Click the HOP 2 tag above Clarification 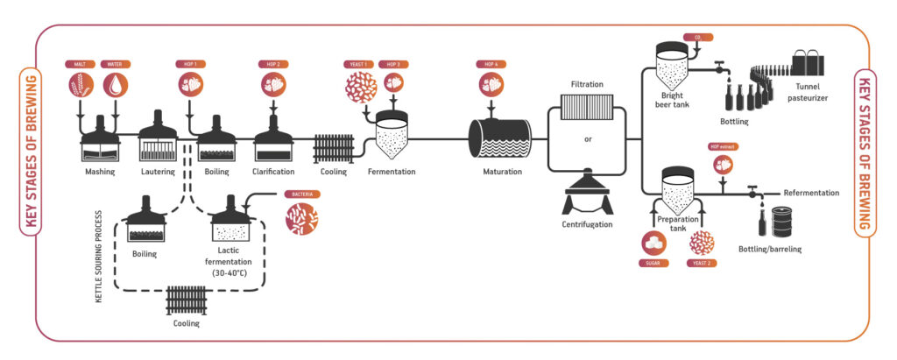point(272,64)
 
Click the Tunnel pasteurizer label point(811,92)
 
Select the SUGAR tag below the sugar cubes point(655,263)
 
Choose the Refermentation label point(811,193)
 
